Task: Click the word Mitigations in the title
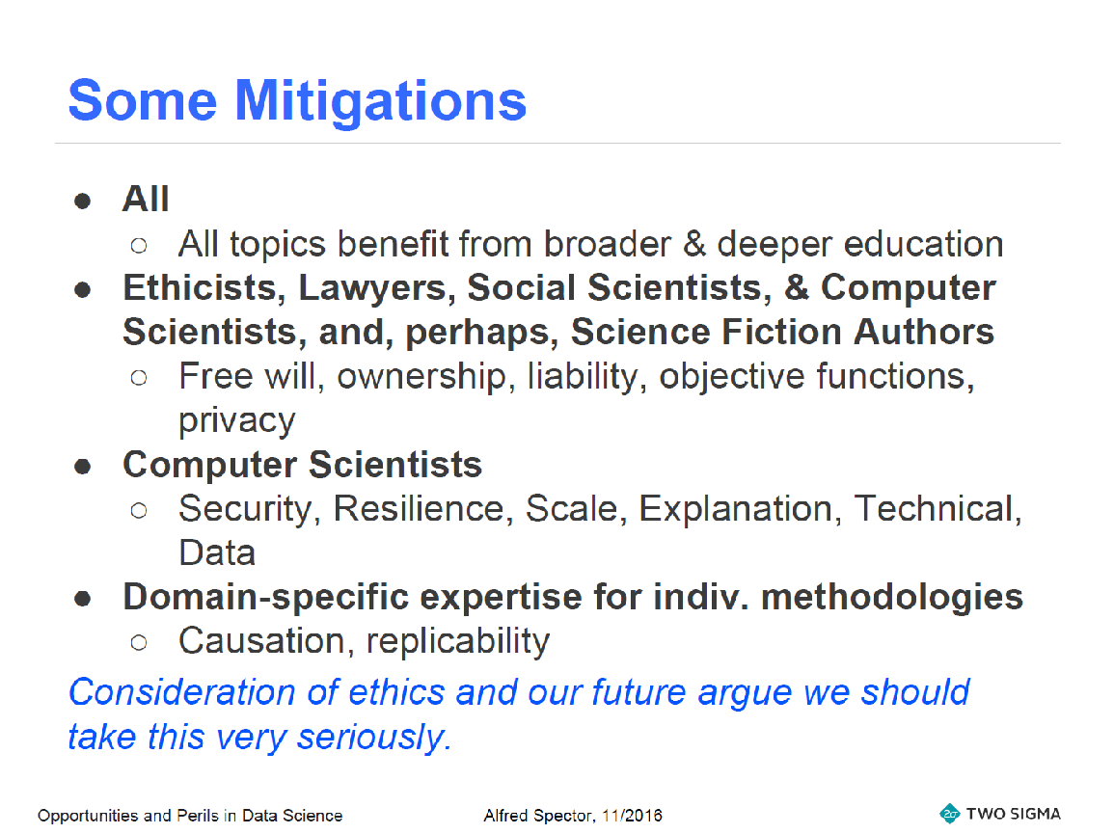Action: (380, 102)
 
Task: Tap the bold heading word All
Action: (146, 199)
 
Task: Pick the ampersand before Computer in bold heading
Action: (797, 287)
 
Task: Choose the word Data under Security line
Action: (217, 553)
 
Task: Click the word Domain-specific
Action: (265, 598)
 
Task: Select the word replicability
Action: (457, 642)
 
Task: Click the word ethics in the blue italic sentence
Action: (395, 692)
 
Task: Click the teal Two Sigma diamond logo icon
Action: (949, 814)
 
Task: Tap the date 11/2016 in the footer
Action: (632, 816)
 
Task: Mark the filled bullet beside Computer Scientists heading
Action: (82, 466)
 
